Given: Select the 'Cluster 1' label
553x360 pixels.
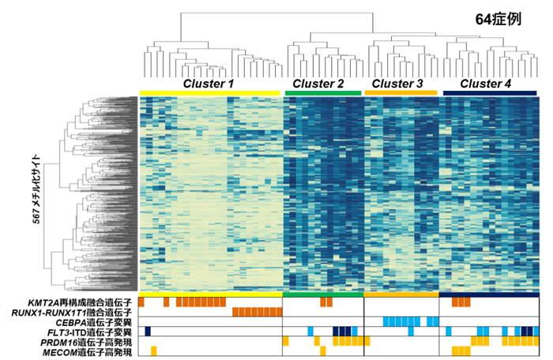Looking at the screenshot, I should pyautogui.click(x=209, y=83).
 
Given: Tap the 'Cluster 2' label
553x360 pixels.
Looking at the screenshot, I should pyautogui.click(x=318, y=83).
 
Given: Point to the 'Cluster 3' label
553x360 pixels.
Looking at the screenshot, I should pyautogui.click(x=397, y=83).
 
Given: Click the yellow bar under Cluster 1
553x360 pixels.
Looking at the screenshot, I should pyautogui.click(x=209, y=94).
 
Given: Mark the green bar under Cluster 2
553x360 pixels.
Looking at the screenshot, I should pyautogui.click(x=322, y=94).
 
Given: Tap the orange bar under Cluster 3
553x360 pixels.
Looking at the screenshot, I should pyautogui.click(x=401, y=94).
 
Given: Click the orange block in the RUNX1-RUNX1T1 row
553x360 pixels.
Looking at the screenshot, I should pyautogui.click(x=258, y=312).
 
